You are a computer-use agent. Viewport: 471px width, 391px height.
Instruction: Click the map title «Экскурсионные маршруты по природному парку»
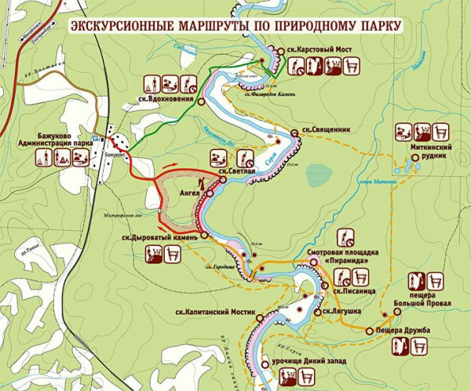[x=235, y=26]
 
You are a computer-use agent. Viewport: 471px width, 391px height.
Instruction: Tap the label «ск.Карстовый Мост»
[x=319, y=48]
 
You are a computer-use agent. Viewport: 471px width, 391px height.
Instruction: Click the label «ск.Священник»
[x=319, y=131]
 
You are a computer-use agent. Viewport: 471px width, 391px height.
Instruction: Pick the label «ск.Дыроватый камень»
[x=160, y=235]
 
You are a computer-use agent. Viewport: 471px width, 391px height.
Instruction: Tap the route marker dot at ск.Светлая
[x=223, y=180]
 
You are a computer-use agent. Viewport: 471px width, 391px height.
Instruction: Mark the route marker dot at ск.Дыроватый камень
[x=203, y=235]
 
